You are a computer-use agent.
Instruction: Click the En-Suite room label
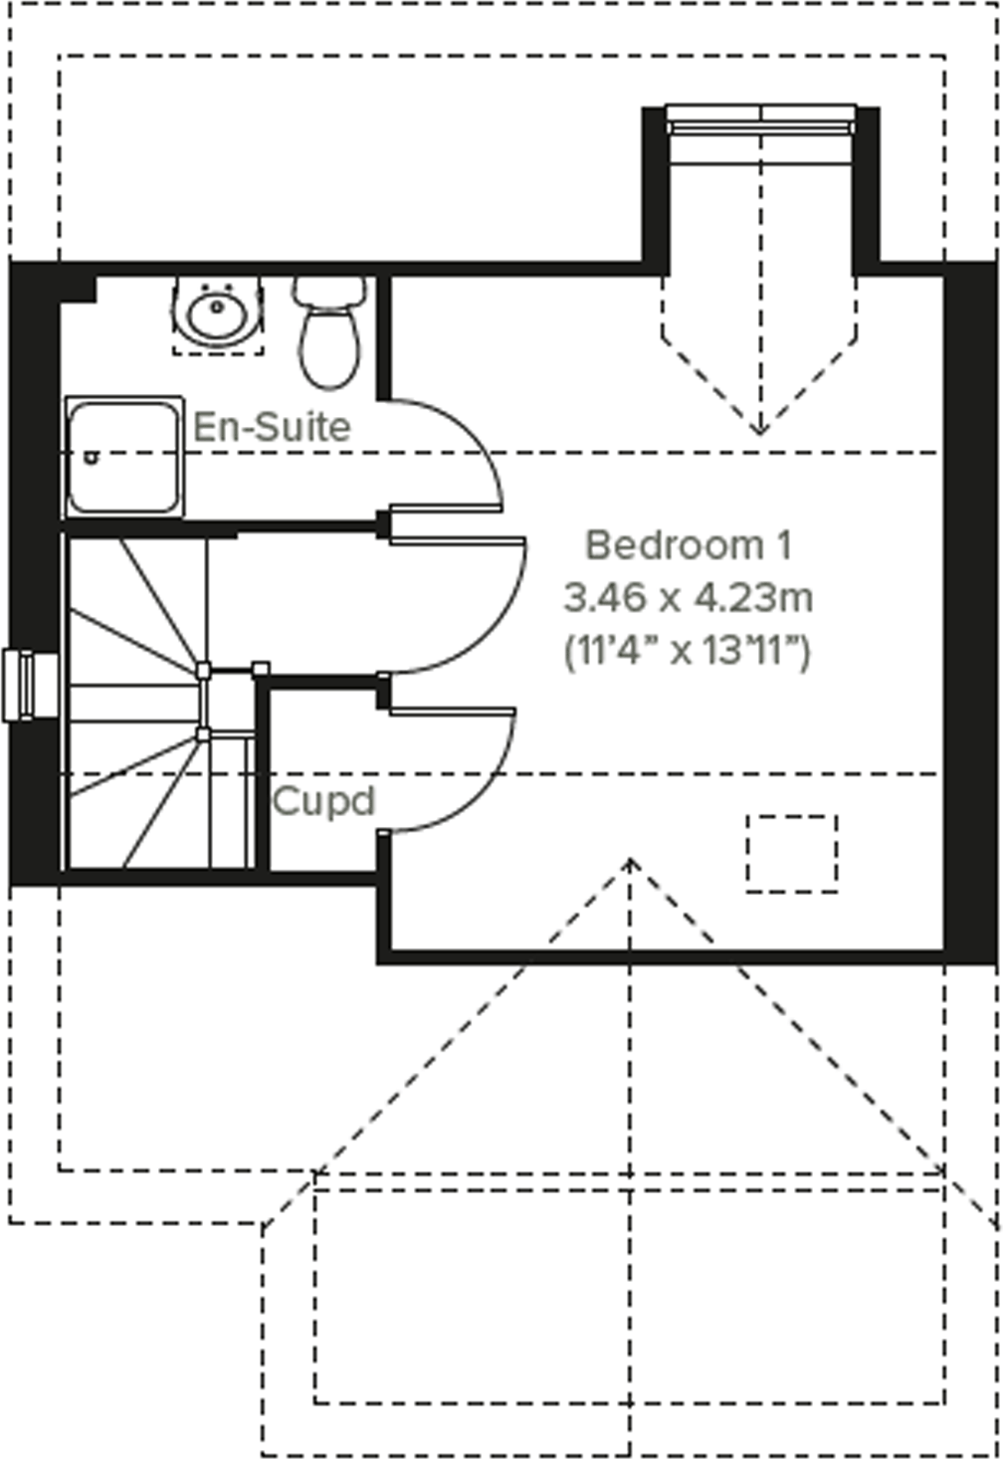[x=272, y=427]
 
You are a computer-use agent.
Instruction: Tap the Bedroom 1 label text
[x=688, y=545]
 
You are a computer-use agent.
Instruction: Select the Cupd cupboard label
[x=323, y=801]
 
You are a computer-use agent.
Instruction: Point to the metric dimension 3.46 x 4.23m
[x=688, y=598]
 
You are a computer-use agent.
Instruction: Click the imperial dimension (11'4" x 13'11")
[x=688, y=653]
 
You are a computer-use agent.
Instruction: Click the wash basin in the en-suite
[x=217, y=313]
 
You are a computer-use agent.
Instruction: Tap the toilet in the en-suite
[x=329, y=343]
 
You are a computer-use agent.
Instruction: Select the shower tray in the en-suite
[x=124, y=457]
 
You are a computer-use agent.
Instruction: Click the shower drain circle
[x=92, y=458]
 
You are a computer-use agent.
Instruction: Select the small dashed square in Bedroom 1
[x=792, y=853]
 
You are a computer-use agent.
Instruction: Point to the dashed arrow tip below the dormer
[x=759, y=432]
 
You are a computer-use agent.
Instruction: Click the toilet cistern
[x=329, y=291]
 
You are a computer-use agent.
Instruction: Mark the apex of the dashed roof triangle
[x=630, y=860]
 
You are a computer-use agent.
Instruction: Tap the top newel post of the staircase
[x=203, y=670]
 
